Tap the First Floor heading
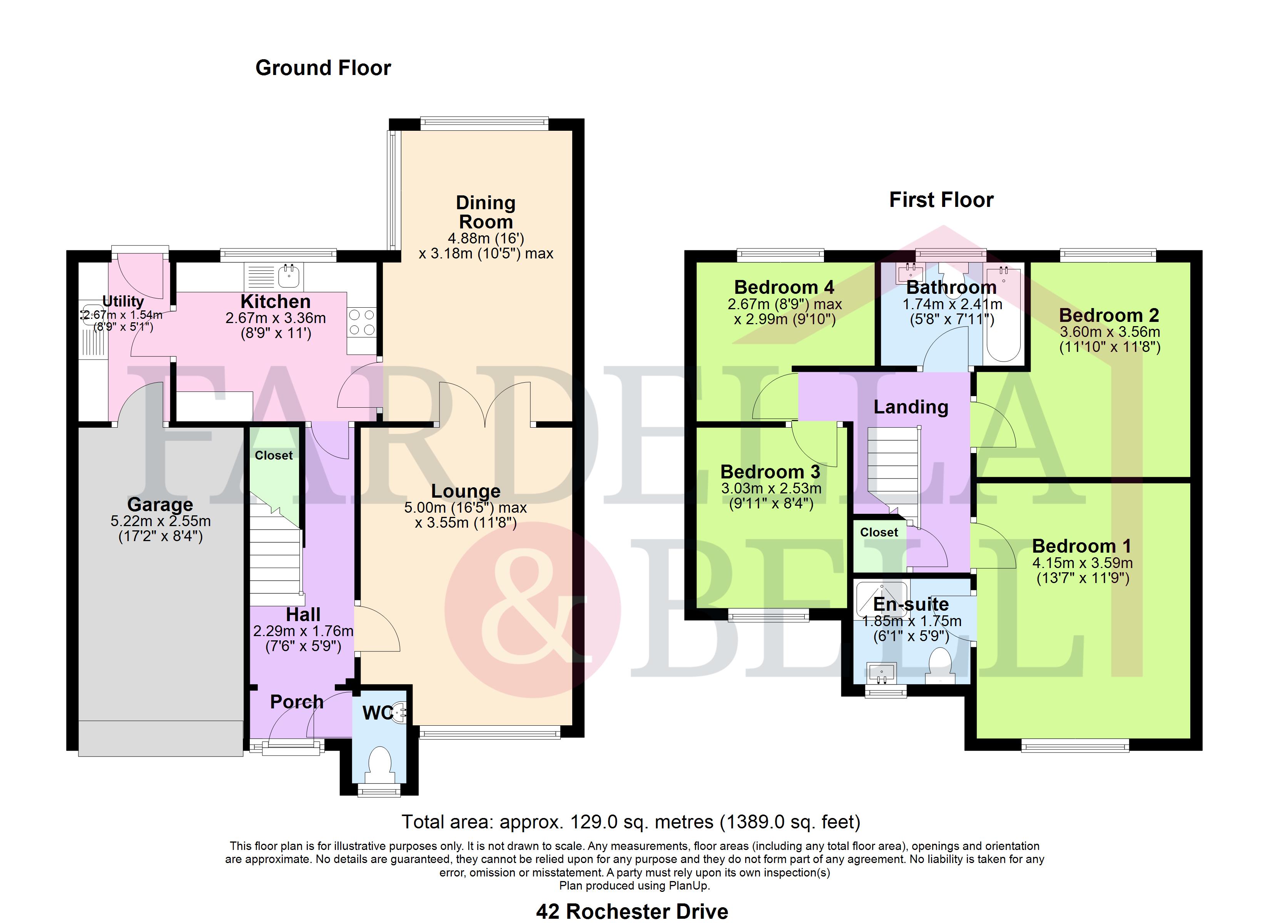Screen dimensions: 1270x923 point(941,200)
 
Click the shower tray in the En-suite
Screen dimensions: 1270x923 point(881,599)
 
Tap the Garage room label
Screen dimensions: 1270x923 point(160,504)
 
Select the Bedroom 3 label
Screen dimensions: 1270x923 point(770,472)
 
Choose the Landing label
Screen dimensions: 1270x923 point(911,407)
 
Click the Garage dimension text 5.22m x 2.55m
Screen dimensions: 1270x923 point(161,521)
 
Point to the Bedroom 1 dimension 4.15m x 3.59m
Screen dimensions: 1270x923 point(1083,563)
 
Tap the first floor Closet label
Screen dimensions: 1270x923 point(879,532)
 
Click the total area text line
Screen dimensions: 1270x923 point(631,822)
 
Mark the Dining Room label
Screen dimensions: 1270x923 point(486,212)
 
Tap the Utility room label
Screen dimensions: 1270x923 point(123,302)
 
